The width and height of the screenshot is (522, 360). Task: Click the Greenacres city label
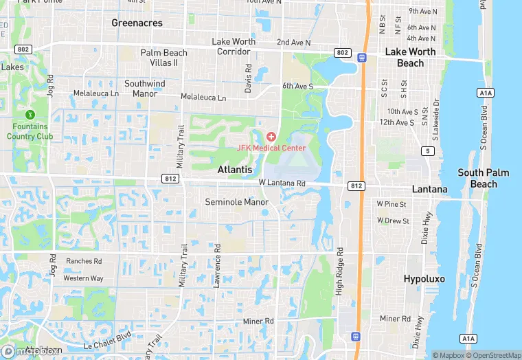coord(137,23)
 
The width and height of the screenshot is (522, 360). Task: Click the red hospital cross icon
coord(271,137)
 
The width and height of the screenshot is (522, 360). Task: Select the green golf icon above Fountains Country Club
coord(30,115)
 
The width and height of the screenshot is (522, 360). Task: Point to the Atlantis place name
coord(235,169)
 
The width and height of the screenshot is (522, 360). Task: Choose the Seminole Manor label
coord(237,202)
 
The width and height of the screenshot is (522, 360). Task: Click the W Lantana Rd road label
coord(282,183)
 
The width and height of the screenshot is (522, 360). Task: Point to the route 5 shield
coord(429,151)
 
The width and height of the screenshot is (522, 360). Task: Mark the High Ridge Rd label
coord(339,273)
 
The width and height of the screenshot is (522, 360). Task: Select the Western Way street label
coord(83,278)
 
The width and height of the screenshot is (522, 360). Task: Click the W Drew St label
coord(392,221)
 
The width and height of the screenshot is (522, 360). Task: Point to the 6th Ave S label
coord(297,87)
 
